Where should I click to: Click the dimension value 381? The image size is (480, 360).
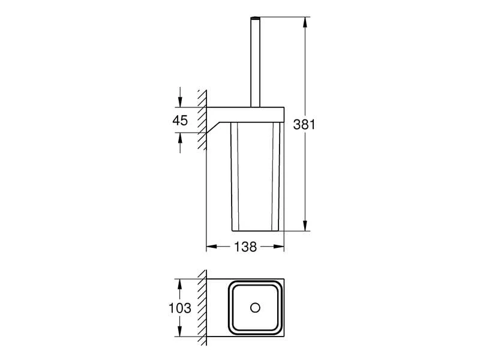coord(304,125)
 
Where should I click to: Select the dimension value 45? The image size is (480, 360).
coord(180,120)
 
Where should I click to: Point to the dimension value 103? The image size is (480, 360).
coord(180,308)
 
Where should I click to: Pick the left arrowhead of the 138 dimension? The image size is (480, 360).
coord(211,247)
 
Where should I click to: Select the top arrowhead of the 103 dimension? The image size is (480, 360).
coord(180,282)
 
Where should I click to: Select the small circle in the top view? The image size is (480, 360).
coord(256,308)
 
